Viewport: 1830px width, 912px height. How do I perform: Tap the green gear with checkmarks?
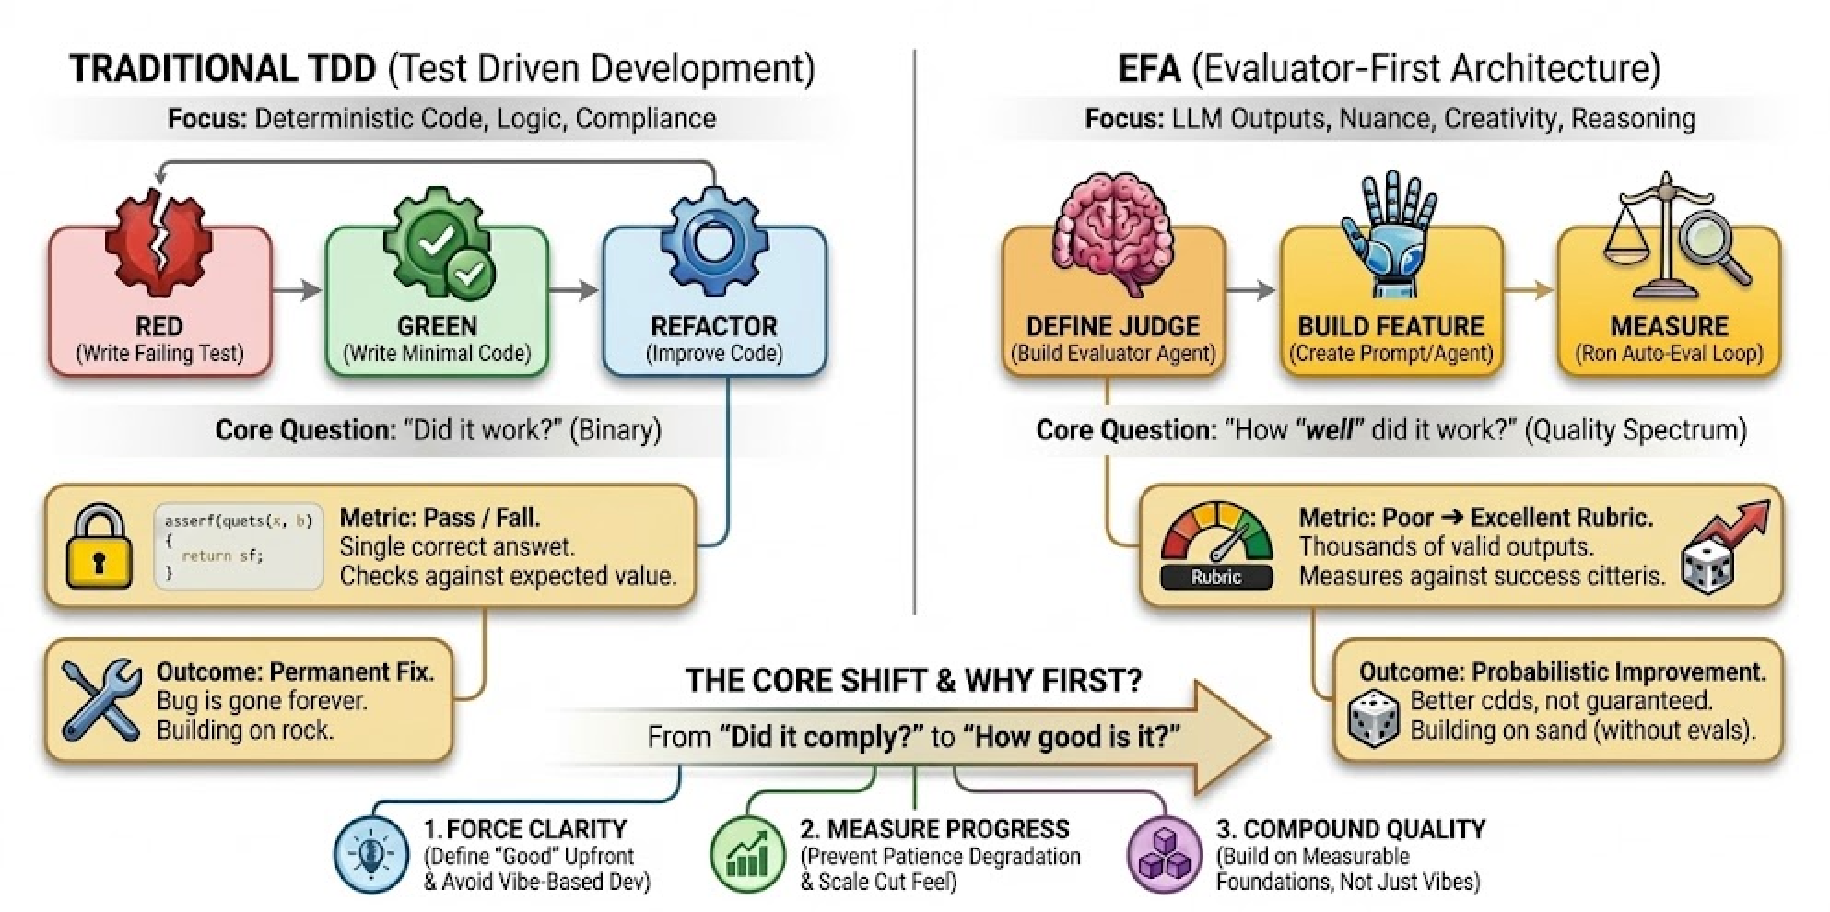440,242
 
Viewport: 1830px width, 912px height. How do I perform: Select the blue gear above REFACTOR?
712,241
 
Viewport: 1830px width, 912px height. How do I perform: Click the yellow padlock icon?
99,546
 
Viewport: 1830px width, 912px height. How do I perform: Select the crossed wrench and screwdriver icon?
100,700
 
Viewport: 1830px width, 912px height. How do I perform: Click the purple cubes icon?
1165,853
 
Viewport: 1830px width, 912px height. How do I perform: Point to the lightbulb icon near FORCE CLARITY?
370,853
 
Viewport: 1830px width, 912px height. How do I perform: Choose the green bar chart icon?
747,853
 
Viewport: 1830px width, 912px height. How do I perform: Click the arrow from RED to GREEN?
298,290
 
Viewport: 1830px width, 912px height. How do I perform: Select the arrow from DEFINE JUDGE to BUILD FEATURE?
1251,290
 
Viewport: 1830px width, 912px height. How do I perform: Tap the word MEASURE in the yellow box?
1669,326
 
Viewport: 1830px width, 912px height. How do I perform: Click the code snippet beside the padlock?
239,546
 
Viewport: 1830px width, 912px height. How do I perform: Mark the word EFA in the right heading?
1148,69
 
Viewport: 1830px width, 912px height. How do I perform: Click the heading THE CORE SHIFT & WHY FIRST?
913,681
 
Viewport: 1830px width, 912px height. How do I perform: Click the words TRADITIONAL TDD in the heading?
223,69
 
